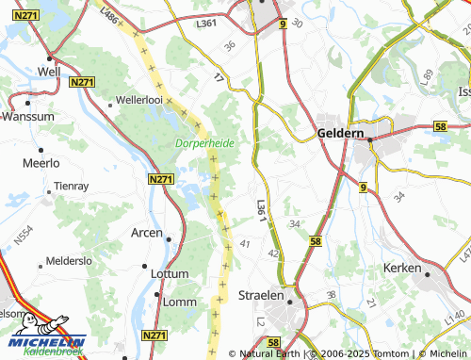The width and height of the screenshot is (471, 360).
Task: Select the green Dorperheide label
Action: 204,143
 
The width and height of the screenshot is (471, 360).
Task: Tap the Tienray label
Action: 72,187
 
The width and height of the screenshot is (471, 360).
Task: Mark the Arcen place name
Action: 146,233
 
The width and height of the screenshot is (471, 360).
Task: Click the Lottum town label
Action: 171,273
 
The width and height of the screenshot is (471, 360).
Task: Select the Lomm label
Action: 178,301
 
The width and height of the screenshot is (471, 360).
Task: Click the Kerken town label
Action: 402,269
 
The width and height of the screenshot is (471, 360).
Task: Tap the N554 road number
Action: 24,235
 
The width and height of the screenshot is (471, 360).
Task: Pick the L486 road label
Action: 109,14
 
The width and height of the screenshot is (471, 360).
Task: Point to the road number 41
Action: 246,243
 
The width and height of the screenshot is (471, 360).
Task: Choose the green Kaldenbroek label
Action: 53,352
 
